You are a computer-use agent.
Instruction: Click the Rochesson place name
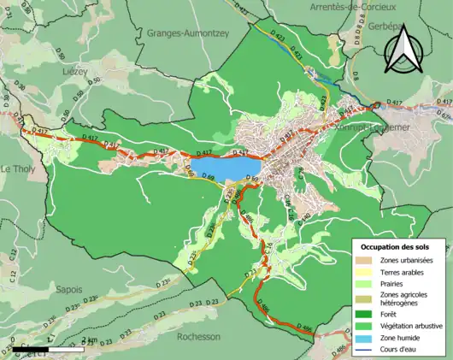pos(202,336)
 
